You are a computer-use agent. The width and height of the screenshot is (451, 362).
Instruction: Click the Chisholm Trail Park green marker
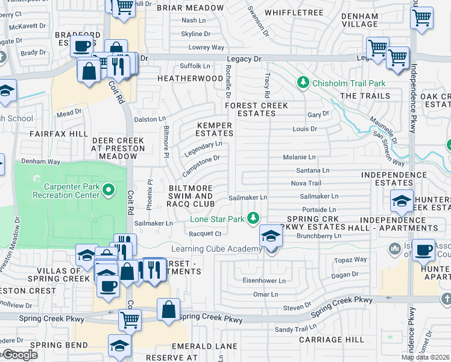coord(302,83)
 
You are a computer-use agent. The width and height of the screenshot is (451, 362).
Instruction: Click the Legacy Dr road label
coord(244,59)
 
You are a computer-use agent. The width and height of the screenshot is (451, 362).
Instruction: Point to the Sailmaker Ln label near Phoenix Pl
coord(154,223)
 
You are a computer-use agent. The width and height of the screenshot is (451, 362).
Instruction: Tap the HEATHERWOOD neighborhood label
coord(190,78)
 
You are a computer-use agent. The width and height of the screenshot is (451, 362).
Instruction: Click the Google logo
coord(20,355)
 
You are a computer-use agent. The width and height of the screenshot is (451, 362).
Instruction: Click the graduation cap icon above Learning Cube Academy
coord(271,235)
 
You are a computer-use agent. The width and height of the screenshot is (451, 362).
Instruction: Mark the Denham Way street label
coord(41,162)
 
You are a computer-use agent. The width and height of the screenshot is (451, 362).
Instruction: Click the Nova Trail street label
coord(306,183)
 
